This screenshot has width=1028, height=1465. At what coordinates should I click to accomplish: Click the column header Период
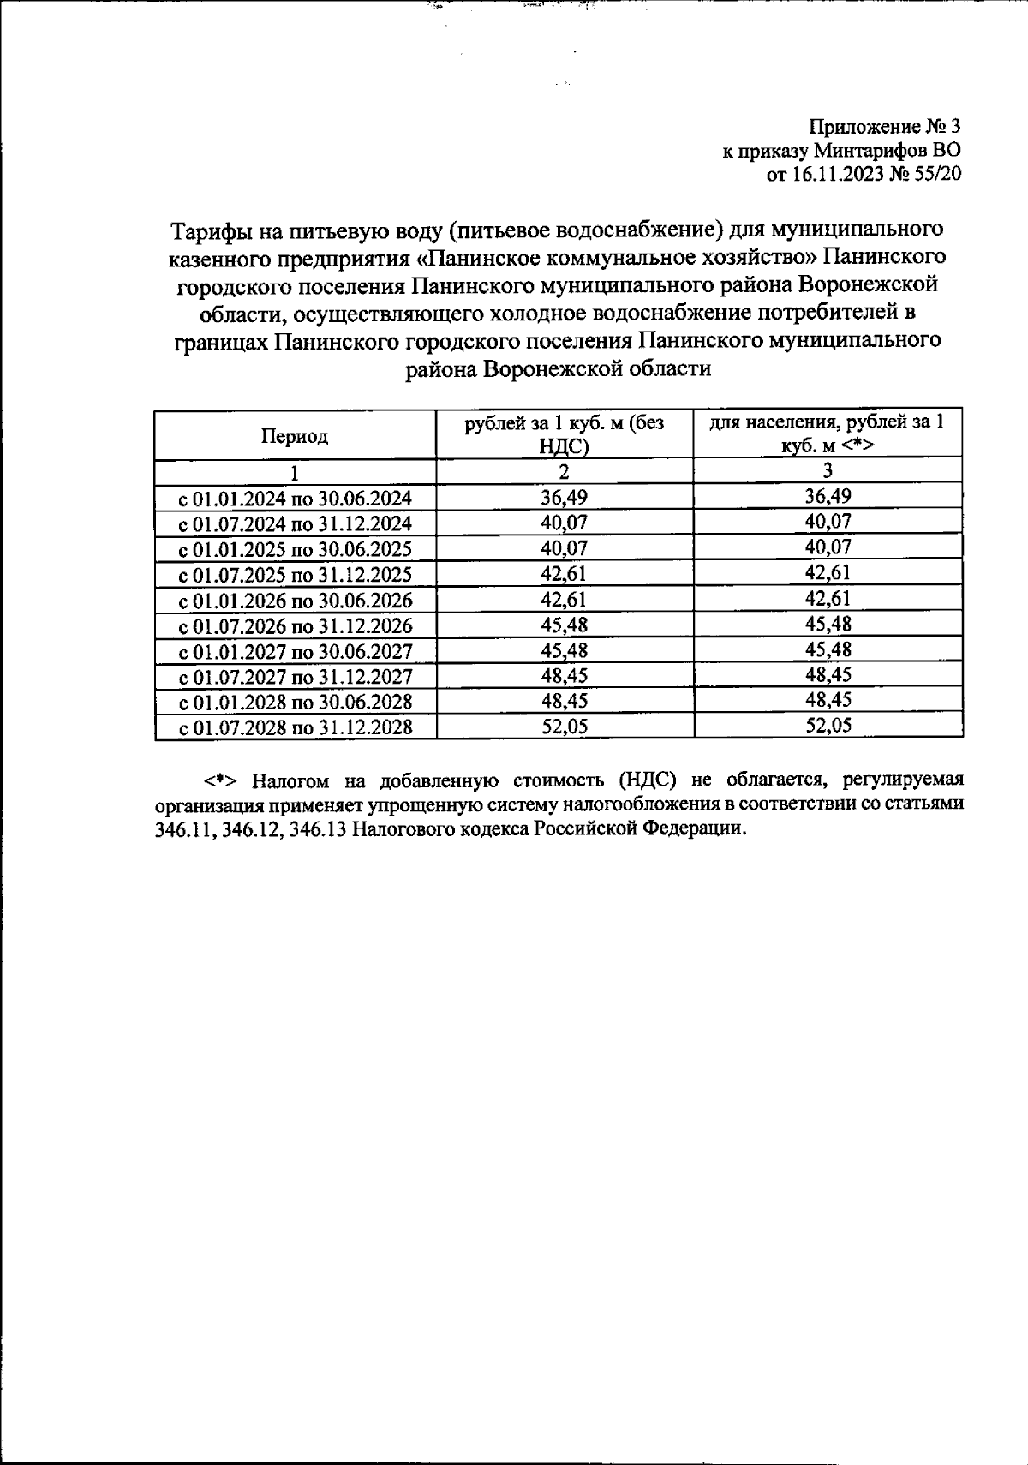click(295, 436)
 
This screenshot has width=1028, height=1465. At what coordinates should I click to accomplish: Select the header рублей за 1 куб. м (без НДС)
click(564, 434)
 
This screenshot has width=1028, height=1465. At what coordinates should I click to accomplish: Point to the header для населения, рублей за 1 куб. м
click(828, 434)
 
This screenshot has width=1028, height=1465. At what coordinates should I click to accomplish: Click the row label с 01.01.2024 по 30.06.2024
click(295, 499)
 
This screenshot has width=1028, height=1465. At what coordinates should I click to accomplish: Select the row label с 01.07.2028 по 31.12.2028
click(295, 728)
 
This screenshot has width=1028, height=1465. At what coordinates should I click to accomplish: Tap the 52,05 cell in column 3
click(828, 726)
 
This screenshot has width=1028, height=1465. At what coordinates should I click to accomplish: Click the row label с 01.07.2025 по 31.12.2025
click(295, 575)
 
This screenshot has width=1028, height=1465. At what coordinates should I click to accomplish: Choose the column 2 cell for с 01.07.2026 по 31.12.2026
click(564, 625)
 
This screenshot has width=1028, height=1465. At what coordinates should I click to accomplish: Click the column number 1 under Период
click(295, 473)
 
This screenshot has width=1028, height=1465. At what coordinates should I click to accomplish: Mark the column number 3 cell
click(828, 470)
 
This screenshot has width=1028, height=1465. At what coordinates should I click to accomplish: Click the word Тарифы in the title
click(209, 231)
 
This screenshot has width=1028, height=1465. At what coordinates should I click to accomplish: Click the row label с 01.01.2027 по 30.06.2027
click(295, 652)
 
